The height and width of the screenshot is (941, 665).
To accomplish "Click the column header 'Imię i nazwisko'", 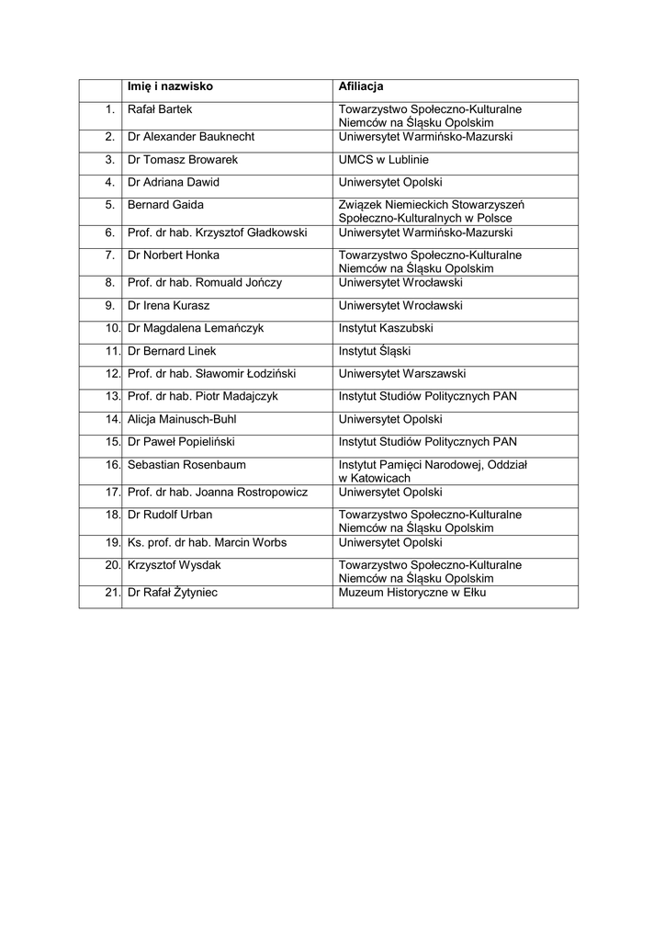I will point(170,86).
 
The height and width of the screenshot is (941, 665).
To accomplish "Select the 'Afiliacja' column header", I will point(361,86).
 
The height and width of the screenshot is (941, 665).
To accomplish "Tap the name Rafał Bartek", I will point(160,109).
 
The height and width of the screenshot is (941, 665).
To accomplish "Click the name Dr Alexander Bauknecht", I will point(191,137).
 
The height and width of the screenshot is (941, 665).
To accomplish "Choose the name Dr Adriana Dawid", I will point(174,182).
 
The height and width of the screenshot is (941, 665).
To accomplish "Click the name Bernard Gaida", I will point(165,205).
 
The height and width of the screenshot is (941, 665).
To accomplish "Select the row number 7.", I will point(109,255).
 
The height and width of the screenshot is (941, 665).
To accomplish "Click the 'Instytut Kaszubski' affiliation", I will point(386,328).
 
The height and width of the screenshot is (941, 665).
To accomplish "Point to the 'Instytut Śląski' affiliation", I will point(375,351).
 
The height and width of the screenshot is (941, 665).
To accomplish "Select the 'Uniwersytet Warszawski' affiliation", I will point(402,374).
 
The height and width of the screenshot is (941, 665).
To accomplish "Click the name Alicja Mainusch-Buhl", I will point(182,419).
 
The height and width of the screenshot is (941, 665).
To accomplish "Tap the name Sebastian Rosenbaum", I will point(186,465).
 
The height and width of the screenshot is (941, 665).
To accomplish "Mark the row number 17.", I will point(113,492).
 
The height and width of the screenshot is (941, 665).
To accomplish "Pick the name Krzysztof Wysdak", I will point(175,565).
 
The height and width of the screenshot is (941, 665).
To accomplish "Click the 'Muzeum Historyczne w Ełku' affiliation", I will point(411,593).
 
